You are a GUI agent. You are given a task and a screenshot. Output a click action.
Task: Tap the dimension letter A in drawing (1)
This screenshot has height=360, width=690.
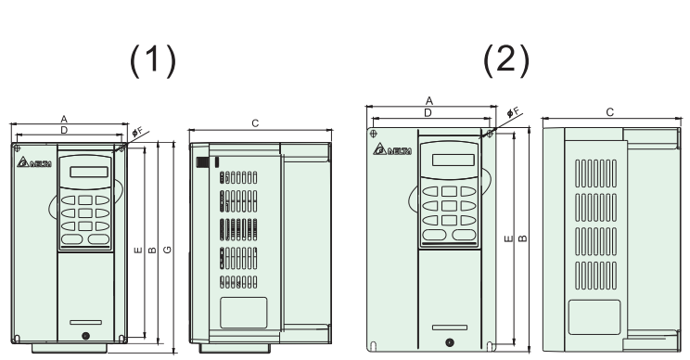63,119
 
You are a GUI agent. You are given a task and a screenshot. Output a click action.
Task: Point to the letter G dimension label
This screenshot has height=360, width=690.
165,251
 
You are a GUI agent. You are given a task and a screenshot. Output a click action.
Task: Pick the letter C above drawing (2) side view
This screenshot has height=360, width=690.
609,111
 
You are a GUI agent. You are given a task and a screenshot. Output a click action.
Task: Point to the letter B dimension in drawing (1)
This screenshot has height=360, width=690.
150,251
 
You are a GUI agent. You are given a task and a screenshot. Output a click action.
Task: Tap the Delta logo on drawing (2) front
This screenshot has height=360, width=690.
390,150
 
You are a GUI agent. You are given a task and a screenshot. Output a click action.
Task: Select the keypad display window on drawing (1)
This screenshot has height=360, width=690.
84,171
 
